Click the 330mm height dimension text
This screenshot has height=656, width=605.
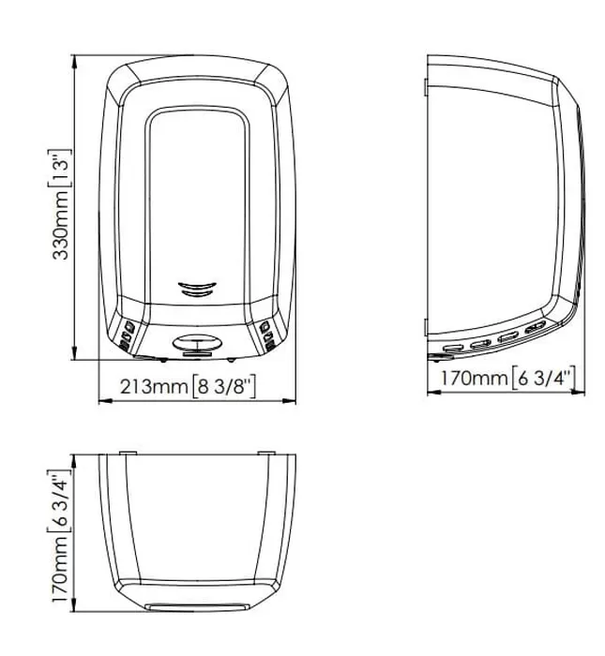tap(61, 225)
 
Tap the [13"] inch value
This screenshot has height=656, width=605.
tap(60, 169)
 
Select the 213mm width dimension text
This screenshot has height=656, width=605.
tap(154, 387)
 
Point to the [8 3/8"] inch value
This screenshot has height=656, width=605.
tap(223, 387)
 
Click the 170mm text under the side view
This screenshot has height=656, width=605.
tap(474, 379)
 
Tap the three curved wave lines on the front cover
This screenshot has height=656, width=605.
tap(197, 289)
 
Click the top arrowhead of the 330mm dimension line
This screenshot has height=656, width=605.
tap(74, 62)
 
